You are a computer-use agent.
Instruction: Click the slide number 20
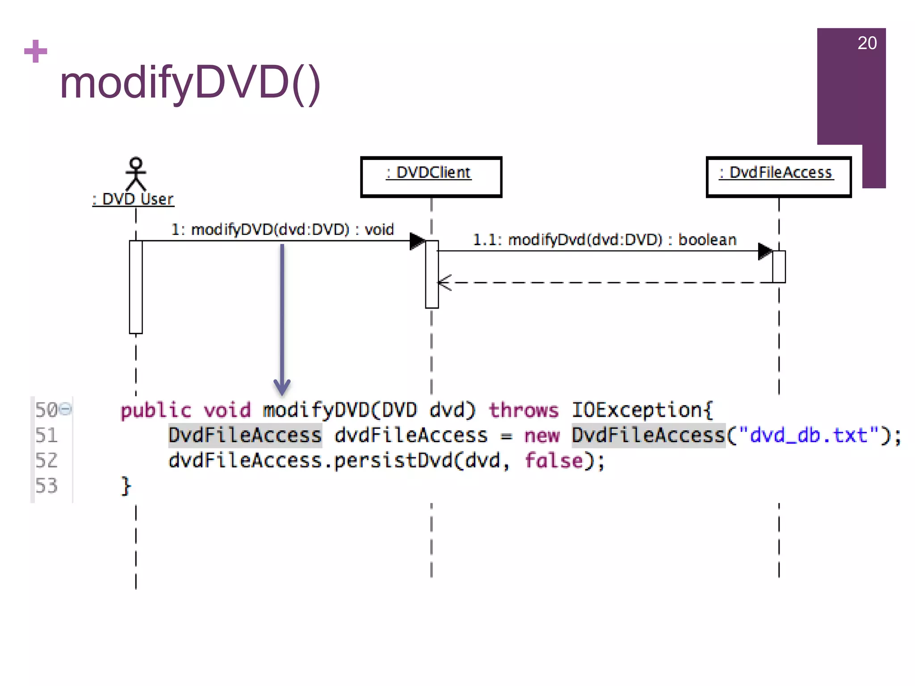point(867,43)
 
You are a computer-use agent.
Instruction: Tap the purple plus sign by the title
point(36,51)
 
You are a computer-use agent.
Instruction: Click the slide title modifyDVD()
point(190,83)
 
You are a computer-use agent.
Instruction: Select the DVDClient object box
point(431,177)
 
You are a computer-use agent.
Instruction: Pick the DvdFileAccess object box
point(778,177)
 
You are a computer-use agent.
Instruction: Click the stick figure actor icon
point(136,174)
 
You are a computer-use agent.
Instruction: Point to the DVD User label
point(133,199)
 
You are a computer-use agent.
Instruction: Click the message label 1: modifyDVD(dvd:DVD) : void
point(282,230)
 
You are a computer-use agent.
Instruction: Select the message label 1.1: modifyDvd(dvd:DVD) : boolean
point(604,240)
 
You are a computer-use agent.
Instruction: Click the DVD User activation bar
point(136,287)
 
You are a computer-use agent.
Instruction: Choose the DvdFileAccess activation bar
point(779,267)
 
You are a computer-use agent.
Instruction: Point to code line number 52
point(46,460)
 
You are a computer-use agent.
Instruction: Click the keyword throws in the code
point(524,410)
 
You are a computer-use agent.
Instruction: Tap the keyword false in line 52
point(554,460)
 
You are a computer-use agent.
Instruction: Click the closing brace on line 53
point(126,486)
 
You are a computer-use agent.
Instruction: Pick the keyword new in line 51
point(541,435)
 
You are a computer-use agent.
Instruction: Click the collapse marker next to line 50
point(65,409)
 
